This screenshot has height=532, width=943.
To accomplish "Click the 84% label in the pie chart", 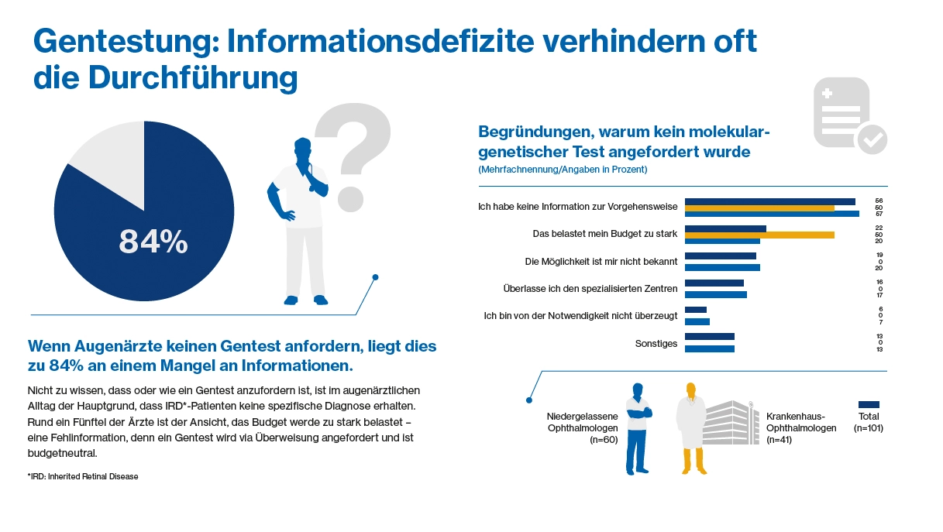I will [x=153, y=242].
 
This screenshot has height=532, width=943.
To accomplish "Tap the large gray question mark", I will [x=353, y=155].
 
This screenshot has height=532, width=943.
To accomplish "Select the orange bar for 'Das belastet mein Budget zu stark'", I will [x=759, y=235].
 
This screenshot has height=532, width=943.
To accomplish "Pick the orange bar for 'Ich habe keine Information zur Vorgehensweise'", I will [x=759, y=208].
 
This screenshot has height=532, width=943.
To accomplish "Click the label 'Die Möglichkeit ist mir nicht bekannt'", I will [x=601, y=262].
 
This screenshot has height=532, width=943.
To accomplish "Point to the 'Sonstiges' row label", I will [x=656, y=343].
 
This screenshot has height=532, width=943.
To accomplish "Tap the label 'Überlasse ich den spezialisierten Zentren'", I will [x=590, y=289].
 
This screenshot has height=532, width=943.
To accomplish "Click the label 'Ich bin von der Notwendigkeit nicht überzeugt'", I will [x=580, y=316].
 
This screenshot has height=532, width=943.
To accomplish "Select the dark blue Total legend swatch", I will [x=869, y=404].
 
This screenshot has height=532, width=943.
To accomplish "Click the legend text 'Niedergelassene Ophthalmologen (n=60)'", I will [x=582, y=428].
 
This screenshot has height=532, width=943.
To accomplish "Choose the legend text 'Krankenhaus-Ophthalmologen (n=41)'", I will [x=800, y=428].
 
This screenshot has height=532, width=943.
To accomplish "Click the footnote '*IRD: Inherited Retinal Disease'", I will [x=83, y=477].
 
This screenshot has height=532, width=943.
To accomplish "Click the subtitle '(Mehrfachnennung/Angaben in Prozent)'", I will [x=563, y=169].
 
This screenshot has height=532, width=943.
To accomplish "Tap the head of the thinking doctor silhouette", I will [x=301, y=150].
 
